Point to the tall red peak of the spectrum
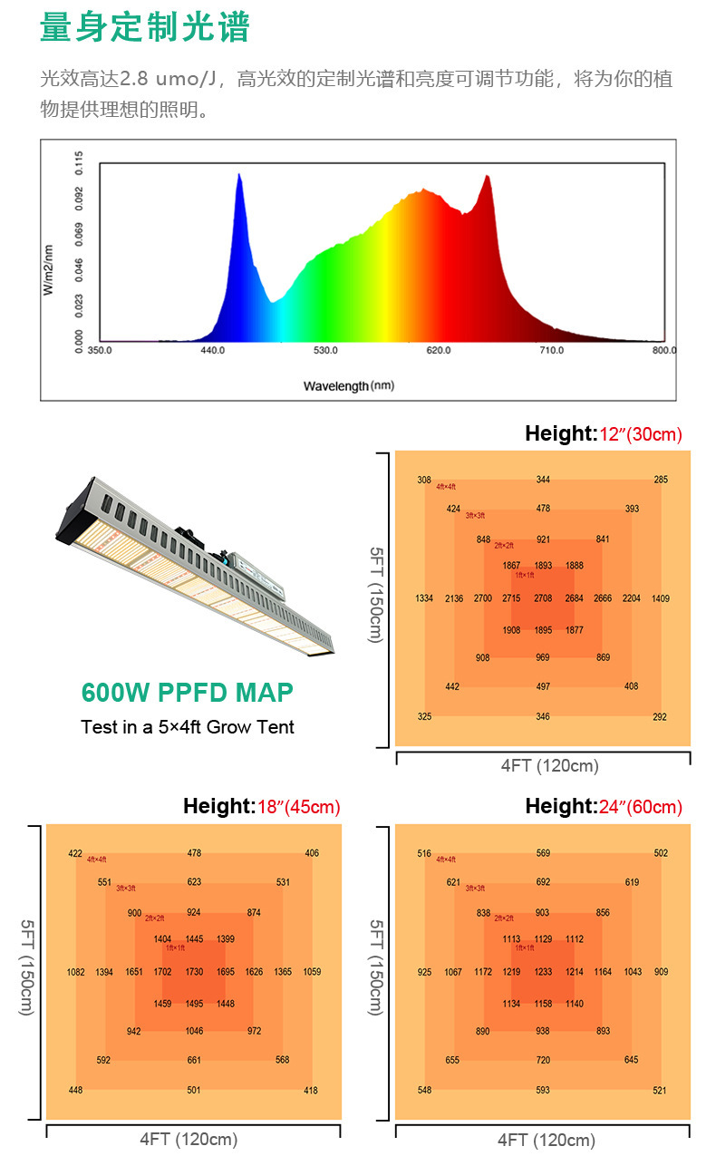[488, 181]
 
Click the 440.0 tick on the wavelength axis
[212, 350]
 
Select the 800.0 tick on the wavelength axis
[663, 350]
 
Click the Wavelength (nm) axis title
[348, 385]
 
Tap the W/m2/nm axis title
[49, 270]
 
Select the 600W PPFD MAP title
[188, 693]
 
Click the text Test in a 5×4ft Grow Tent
[188, 726]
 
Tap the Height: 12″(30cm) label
[603, 434]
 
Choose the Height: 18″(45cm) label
[261, 806]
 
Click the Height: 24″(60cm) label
[603, 806]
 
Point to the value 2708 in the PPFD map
[543, 598]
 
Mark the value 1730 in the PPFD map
[194, 972]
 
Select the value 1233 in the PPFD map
[543, 972]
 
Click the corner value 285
[661, 480]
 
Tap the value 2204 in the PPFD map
[632, 598]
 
